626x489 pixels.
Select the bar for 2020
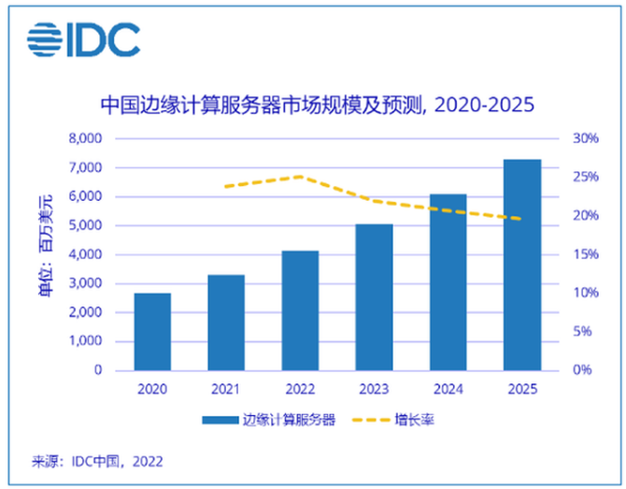pos(152,332)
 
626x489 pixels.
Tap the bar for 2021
pos(226,323)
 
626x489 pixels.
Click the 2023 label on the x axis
pos(374,390)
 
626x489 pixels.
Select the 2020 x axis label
pos(152,390)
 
